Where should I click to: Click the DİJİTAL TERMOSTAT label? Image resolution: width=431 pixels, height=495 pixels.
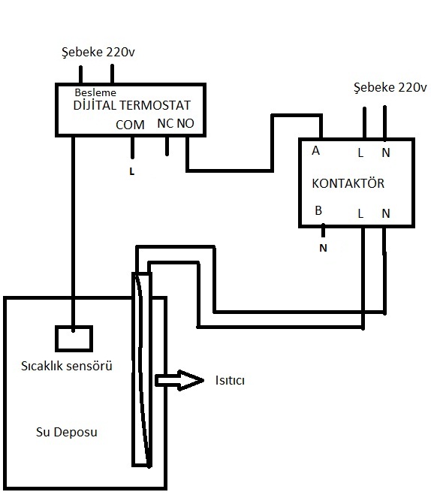[x=132, y=105]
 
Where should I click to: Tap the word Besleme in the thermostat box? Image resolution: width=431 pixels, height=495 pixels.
[x=95, y=92]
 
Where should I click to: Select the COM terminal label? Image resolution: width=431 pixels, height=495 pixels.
[x=130, y=125]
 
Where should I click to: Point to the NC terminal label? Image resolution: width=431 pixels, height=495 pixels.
[x=165, y=123]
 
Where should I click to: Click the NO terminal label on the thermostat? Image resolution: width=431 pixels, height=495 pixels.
[x=185, y=123]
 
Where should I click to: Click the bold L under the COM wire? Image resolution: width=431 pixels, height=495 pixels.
[x=132, y=171]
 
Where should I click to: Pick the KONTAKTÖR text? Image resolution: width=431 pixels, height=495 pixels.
[x=348, y=183]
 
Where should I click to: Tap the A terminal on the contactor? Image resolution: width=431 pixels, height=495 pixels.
[x=315, y=151]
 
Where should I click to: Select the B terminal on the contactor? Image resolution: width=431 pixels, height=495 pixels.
[x=318, y=210]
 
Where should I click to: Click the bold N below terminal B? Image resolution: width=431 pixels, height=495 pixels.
[x=323, y=248]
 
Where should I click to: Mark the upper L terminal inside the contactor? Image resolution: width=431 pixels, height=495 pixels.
[x=360, y=153]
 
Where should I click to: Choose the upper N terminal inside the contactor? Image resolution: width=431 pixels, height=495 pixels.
[x=386, y=152]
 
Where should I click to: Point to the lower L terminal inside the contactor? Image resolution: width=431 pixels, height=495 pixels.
[x=360, y=214]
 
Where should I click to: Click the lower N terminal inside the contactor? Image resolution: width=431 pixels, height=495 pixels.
[x=386, y=214]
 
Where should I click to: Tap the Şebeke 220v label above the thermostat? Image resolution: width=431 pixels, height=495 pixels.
[x=98, y=52]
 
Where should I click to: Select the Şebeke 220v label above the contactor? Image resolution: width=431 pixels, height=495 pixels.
[x=390, y=87]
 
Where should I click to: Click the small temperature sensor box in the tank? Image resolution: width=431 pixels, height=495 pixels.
[x=74, y=339]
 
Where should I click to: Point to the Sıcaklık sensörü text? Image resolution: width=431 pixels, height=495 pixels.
[x=67, y=366]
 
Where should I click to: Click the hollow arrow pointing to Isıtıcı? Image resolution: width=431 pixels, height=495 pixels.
[x=180, y=380]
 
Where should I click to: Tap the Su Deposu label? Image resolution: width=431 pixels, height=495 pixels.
[x=67, y=432]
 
